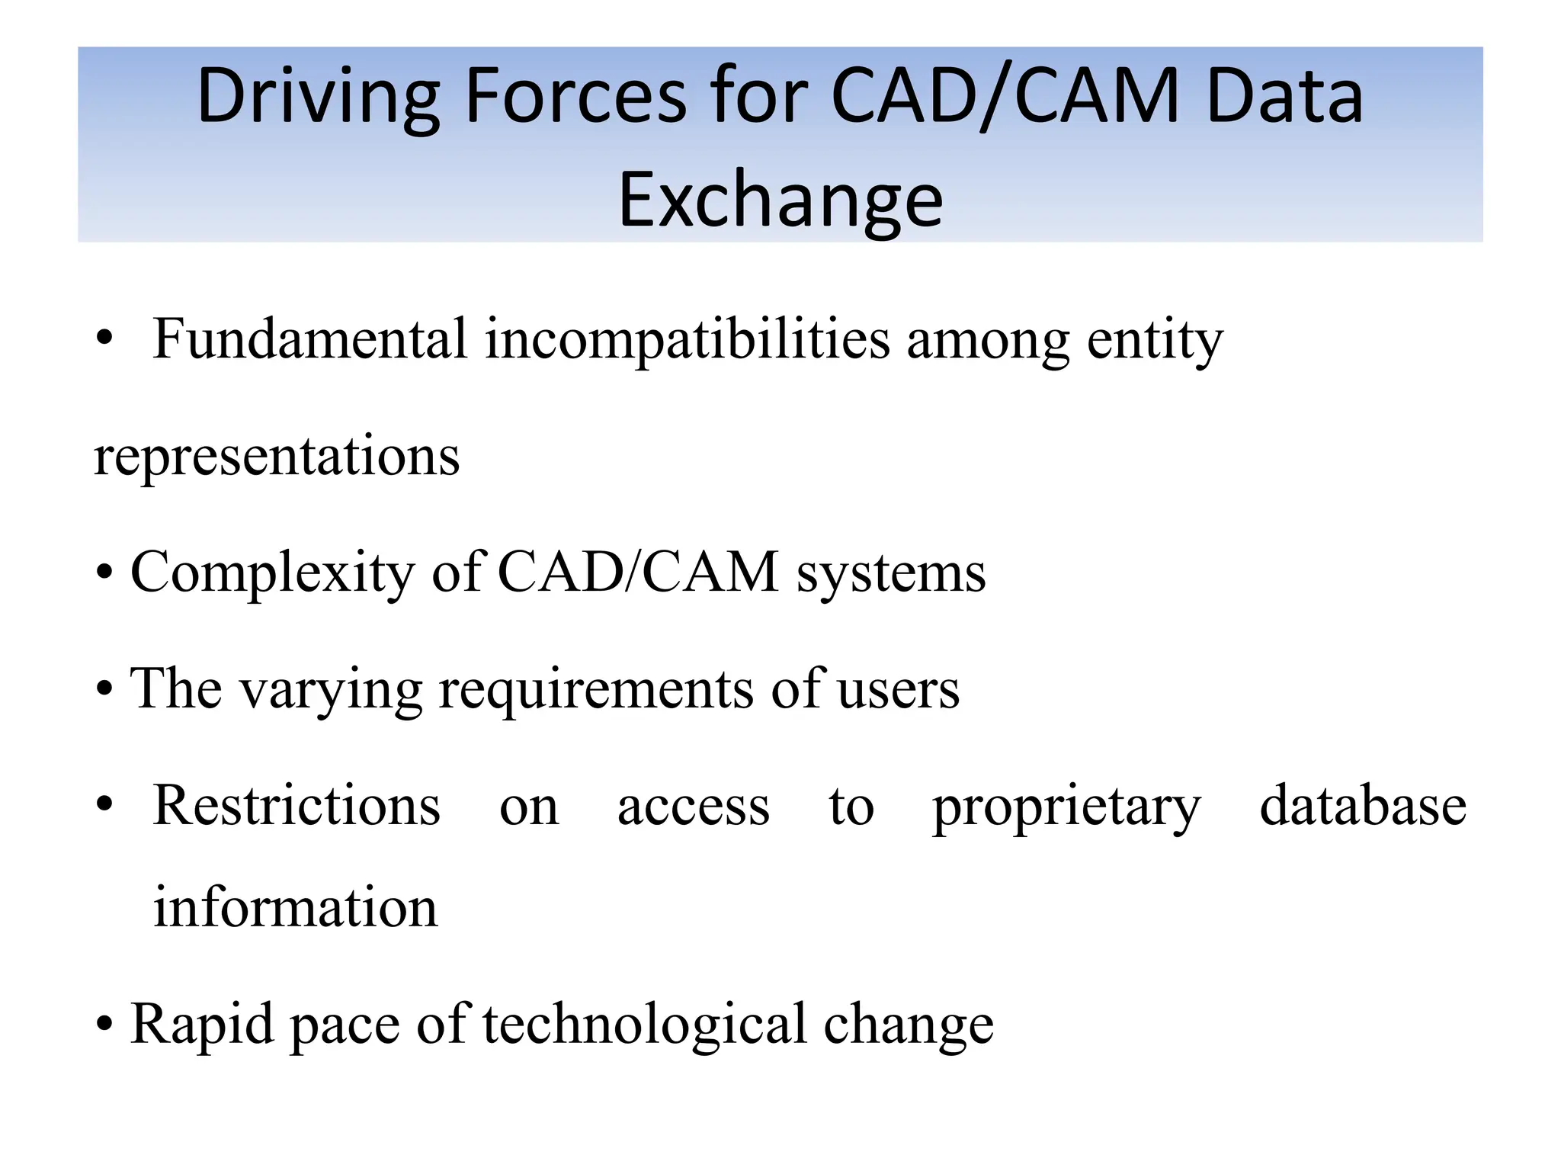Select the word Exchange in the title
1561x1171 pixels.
pos(780,201)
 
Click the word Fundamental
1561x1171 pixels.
pos(309,339)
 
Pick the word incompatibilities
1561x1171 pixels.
pos(687,339)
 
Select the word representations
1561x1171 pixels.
pos(277,456)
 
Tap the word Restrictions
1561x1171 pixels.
pos(296,805)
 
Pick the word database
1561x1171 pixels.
pos(1363,805)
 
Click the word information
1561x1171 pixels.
pos(296,907)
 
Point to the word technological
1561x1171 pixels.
pos(644,1024)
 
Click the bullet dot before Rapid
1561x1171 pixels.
pos(104,1024)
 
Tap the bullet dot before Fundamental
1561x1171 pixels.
pos(104,338)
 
